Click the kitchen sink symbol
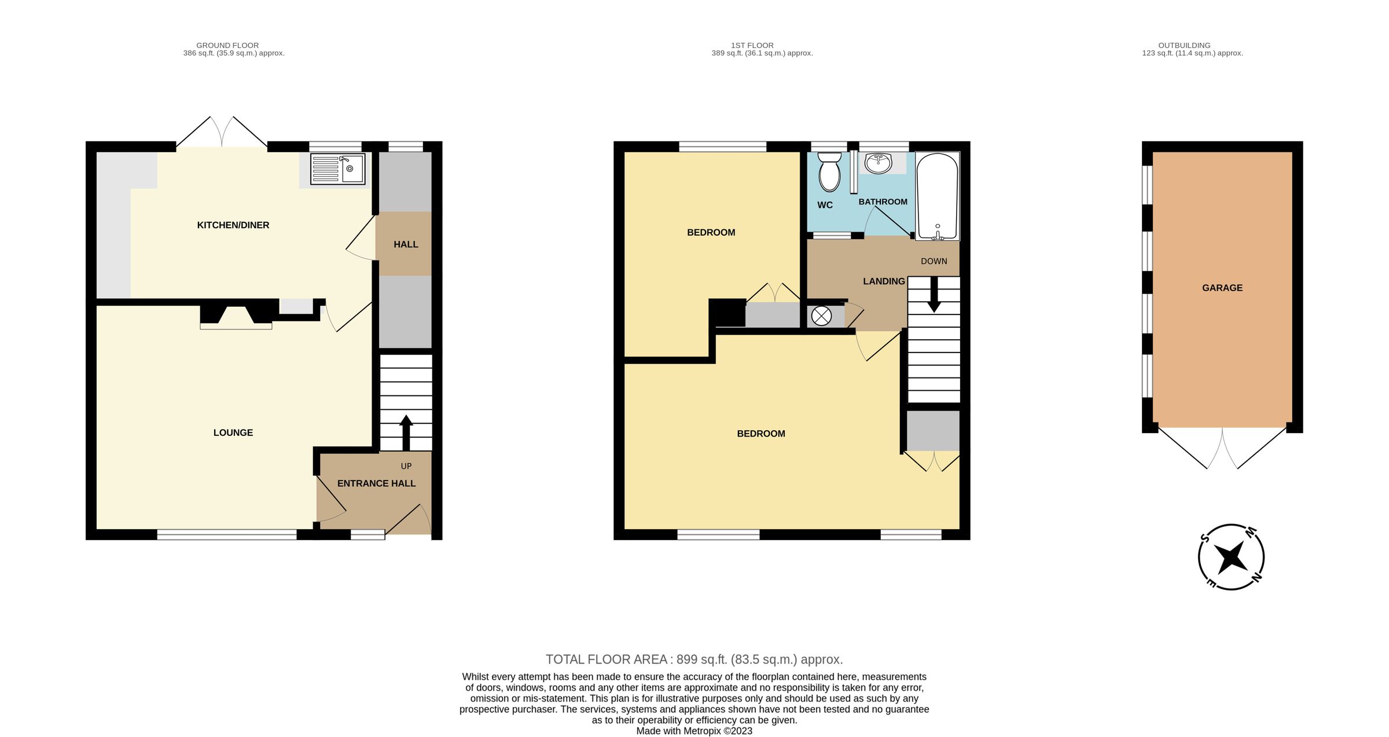point(337,169)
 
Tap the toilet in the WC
point(829,172)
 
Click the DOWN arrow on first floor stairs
point(934,295)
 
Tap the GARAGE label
point(1222,288)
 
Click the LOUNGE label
point(233,432)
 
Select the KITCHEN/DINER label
point(233,225)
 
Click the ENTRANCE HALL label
point(376,483)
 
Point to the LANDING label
point(883,281)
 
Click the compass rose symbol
point(1230,557)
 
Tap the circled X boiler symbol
point(821,316)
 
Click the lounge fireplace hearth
point(236,326)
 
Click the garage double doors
point(1222,449)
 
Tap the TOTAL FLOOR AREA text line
point(694,659)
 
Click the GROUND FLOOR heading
point(227,45)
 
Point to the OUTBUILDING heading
point(1184,45)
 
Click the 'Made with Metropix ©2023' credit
point(694,731)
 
